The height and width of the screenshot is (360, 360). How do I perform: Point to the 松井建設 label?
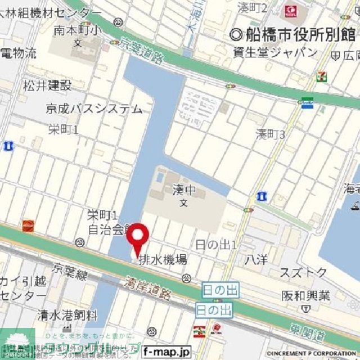pos(47,85)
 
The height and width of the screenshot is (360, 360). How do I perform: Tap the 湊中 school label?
pos(183,191)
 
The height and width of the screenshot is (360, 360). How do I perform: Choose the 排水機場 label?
pos(163,260)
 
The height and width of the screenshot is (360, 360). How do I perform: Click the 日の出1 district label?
pos(215,245)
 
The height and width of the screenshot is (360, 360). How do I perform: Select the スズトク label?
pos(304,273)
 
